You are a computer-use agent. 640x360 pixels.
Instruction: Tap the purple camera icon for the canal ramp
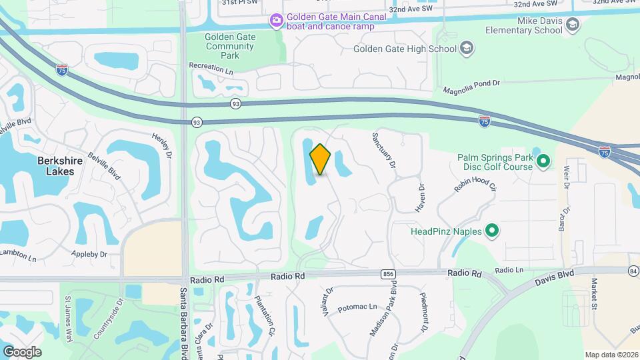[x=276, y=21]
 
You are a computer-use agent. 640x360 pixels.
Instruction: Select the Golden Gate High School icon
[x=467, y=48]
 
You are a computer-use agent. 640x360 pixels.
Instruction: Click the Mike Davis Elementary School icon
[x=572, y=25]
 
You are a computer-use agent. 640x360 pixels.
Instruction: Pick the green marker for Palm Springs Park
[x=543, y=161]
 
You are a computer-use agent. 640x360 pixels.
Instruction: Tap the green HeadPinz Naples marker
[x=493, y=231]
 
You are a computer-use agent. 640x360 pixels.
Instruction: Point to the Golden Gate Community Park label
[x=229, y=47]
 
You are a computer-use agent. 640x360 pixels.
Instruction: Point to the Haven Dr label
[x=420, y=198]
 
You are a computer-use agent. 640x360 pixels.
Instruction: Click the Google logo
[x=22, y=351]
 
